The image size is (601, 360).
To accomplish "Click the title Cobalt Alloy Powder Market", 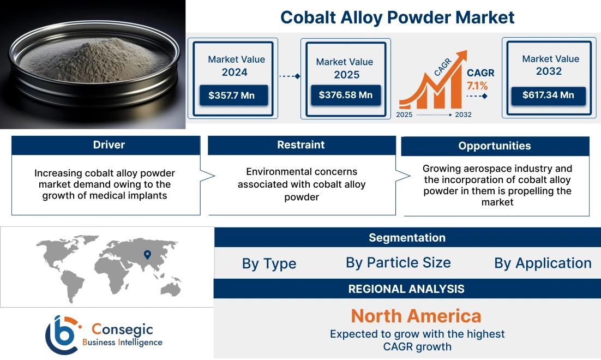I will pyautogui.click(x=397, y=17).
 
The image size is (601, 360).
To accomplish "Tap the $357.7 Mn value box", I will pyautogui.click(x=231, y=95).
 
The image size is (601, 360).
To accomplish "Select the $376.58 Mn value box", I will pyautogui.click(x=345, y=95).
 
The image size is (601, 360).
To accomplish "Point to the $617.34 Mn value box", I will pyautogui.click(x=548, y=95).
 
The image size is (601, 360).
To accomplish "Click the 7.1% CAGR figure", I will pyautogui.click(x=477, y=86).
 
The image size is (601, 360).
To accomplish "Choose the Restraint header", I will pyautogui.click(x=301, y=145).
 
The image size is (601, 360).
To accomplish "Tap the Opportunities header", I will pyautogui.click(x=494, y=146).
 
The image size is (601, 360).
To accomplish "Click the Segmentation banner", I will pyautogui.click(x=407, y=238).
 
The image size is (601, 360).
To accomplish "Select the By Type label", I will pyautogui.click(x=269, y=264).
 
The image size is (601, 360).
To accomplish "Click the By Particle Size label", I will pyautogui.click(x=398, y=263).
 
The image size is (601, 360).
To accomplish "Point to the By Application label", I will pyautogui.click(x=543, y=263).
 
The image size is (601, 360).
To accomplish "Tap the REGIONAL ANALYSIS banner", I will pyautogui.click(x=407, y=289).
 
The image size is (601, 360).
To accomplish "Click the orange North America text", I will pyautogui.click(x=416, y=316).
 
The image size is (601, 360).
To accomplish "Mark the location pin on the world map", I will pyautogui.click(x=147, y=254).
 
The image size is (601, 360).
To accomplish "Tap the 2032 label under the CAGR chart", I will pyautogui.click(x=463, y=115).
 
